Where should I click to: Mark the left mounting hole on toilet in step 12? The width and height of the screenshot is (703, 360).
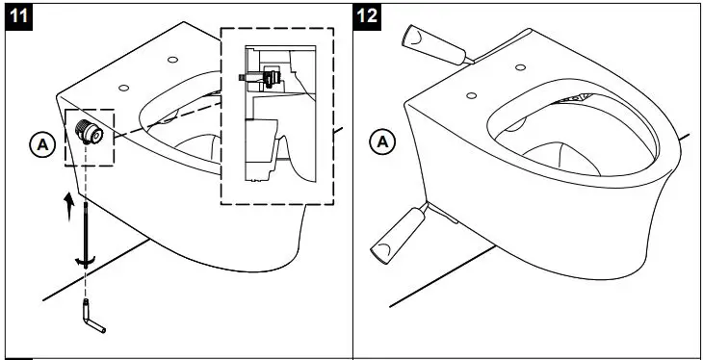tap(471, 94)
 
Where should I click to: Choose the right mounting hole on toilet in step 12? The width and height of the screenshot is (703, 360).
tap(520, 66)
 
